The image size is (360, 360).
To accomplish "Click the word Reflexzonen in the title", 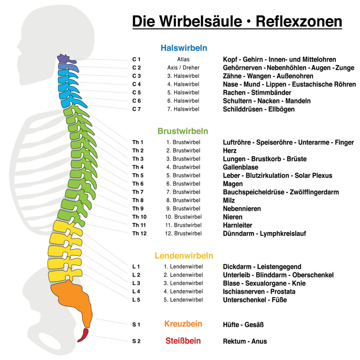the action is (299, 21).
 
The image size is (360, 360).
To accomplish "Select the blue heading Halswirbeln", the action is (184, 48).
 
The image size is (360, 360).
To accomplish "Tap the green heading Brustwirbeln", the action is (183, 131).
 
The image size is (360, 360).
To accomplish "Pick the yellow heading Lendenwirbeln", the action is (184, 255).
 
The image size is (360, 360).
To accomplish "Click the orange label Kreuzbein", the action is (183, 324).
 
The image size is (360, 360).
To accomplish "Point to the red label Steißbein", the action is (183, 341).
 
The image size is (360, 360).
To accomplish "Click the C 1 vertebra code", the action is (136, 60).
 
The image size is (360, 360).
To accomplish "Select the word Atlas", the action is (183, 60).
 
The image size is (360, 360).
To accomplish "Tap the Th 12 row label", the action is (139, 234).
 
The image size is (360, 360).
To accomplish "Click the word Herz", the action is (229, 151).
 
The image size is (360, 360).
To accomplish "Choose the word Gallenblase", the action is (240, 167).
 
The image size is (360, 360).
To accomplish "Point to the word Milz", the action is (229, 200).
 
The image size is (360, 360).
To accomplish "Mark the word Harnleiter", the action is (237, 225).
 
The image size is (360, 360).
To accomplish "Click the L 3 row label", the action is (136, 283).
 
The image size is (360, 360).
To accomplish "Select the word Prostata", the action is (283, 292).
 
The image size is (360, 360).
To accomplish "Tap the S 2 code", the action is (136, 341).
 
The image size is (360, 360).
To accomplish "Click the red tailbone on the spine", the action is (83, 335).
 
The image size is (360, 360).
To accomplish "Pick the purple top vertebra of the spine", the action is (65, 58).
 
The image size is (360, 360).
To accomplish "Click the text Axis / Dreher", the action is (183, 68).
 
